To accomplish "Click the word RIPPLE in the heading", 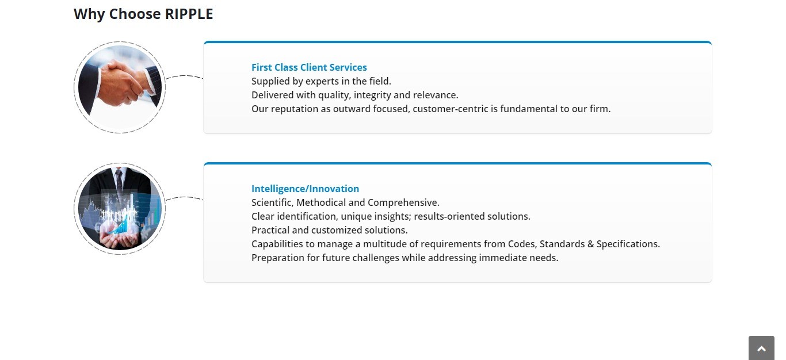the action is tap(189, 14).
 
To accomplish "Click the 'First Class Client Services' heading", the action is tap(309, 67).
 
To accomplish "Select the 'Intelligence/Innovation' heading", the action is tap(306, 189).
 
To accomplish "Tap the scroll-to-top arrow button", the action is tap(761, 348).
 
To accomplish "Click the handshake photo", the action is tap(120, 87).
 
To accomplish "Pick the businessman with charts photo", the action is tap(120, 209).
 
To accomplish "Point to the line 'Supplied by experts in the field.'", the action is tap(321, 81).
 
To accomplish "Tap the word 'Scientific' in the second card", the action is tap(272, 202).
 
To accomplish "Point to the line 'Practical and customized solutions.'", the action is tap(330, 230).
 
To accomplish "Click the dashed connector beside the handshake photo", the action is tap(184, 76).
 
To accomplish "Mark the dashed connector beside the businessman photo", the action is tap(184, 198).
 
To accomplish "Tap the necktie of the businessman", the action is tap(119, 182).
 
